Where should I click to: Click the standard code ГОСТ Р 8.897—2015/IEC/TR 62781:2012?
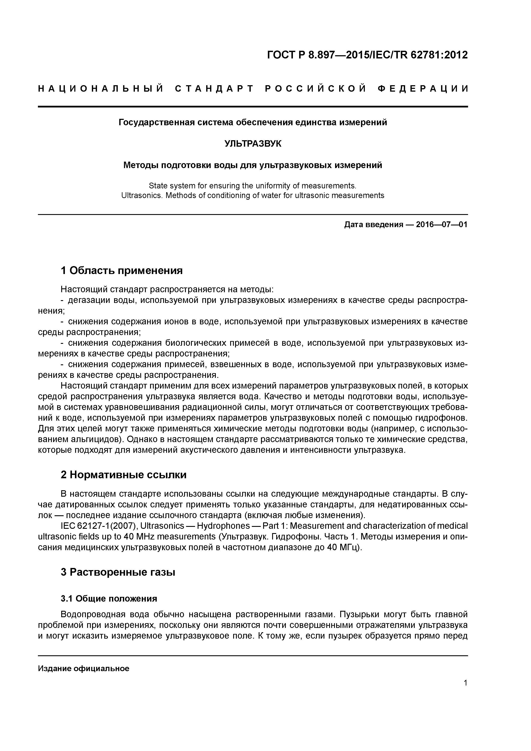tap(367, 55)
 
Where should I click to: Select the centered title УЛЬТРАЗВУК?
tap(253, 144)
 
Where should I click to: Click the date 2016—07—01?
tap(442, 225)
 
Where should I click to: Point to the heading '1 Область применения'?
tap(122, 271)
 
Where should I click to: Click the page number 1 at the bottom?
tap(465, 683)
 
